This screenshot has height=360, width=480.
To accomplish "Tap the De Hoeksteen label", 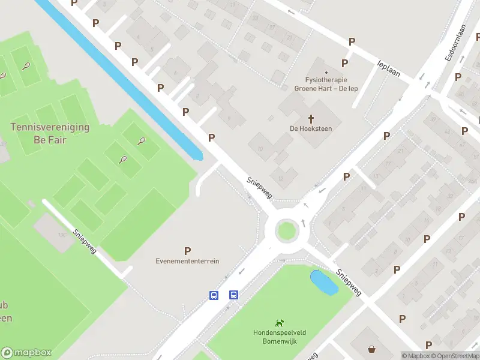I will tap(311, 128).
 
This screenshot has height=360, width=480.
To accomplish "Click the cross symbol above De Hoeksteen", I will tap(311, 118).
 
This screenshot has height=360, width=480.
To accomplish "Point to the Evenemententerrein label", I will tap(187, 261).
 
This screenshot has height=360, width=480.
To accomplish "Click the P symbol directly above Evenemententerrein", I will tap(188, 251).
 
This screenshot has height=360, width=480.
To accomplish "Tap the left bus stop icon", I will tap(214, 295).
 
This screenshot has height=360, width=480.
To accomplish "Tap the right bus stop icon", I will tap(233, 295).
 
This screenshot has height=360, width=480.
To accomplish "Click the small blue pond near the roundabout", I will tap(323, 281).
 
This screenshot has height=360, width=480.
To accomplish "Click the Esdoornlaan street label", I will tap(455, 44).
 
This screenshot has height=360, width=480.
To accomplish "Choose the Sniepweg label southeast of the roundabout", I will tap(348, 282).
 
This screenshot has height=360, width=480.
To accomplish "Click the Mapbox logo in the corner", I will tap(26, 353).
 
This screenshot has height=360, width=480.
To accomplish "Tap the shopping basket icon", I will tap(373, 349).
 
